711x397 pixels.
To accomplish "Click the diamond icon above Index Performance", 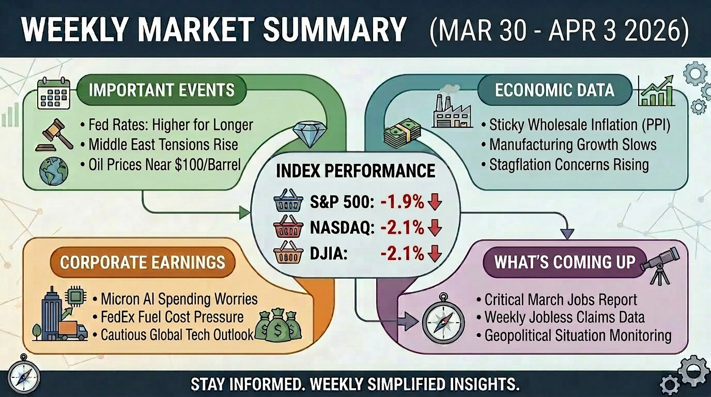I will pos(308,135).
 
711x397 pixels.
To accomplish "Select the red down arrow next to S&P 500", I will pos(435,202).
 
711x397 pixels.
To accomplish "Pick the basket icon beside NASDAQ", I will pos(288,228).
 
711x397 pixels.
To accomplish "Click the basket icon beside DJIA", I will pos(288,254).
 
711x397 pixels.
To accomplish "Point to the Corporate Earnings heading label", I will pos(143,262).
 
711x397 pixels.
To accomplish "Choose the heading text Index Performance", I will pos(355,171).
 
